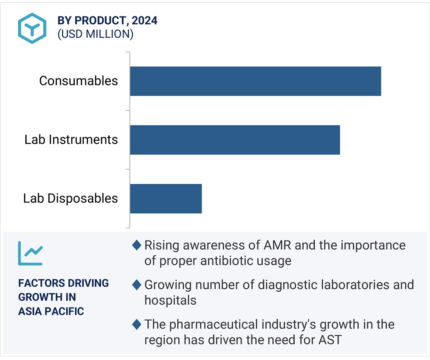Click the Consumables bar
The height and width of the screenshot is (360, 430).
[255, 81]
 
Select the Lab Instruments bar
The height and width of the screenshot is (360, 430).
[235, 140]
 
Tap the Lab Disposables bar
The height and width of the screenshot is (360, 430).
[166, 199]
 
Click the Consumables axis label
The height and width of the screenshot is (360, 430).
[79, 81]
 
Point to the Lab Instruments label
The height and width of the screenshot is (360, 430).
[71, 140]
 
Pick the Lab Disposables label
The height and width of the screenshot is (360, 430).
[71, 199]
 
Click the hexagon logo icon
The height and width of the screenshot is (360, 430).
[32, 28]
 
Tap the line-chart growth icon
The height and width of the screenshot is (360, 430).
[31, 253]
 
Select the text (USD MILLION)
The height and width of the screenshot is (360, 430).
[95, 34]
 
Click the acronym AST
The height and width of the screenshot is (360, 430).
[329, 340]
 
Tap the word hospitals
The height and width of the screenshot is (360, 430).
[171, 300]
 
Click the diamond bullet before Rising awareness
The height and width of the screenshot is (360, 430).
[137, 245]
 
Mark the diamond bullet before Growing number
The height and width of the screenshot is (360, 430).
[137, 285]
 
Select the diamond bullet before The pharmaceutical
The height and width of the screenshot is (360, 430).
[137, 324]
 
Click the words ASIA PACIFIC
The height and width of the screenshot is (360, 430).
[51, 311]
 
